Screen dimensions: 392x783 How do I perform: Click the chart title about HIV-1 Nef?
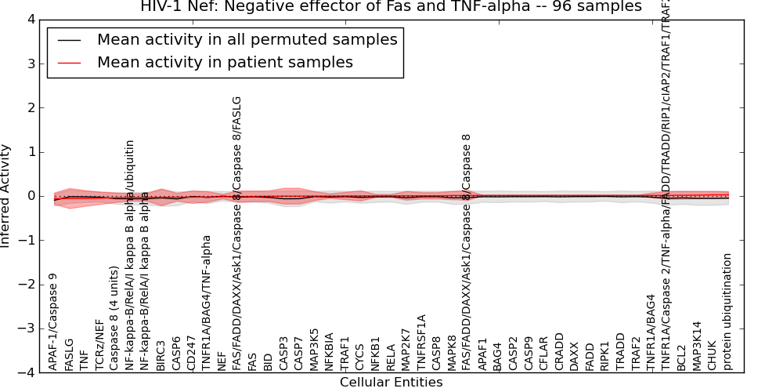(x=391, y=6)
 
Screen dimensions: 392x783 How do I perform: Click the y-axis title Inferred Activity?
(x=6, y=195)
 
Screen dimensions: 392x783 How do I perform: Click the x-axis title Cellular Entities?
(x=391, y=383)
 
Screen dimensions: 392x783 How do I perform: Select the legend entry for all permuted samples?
(x=247, y=40)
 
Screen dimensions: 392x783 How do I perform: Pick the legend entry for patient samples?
(x=225, y=63)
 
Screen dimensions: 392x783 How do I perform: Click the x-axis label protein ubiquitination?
(x=727, y=311)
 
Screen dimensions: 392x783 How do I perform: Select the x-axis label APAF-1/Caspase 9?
(x=53, y=321)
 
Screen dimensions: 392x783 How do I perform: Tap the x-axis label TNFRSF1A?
(x=421, y=342)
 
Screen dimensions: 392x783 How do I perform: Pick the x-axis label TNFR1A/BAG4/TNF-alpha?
(x=207, y=302)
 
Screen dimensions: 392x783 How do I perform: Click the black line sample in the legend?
(x=70, y=40)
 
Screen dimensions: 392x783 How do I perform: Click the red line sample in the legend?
(x=70, y=63)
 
